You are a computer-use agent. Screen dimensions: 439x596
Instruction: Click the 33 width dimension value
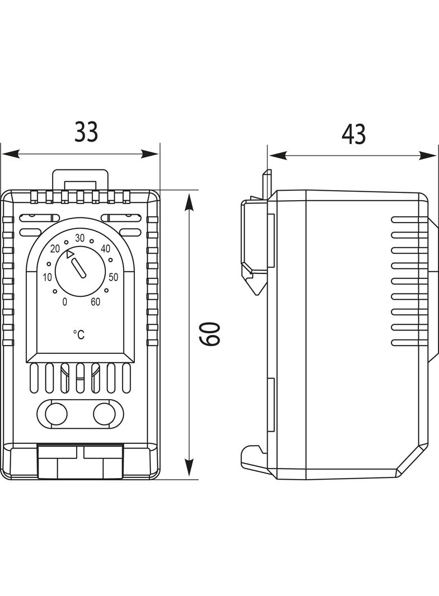click(x=86, y=132)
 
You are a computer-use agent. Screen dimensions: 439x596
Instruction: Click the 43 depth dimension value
click(x=354, y=134)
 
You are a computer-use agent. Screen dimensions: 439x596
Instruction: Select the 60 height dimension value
click(x=211, y=334)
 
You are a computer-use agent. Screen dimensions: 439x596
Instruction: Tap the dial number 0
click(x=65, y=302)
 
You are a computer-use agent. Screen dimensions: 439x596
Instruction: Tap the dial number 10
click(x=47, y=277)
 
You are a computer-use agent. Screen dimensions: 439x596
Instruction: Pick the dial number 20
click(x=55, y=249)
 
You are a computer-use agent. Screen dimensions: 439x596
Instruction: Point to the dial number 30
click(x=80, y=238)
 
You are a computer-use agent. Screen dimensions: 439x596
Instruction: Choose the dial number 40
click(x=105, y=248)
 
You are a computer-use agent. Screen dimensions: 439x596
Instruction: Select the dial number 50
click(x=114, y=277)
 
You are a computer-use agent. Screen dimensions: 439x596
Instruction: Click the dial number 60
click(x=96, y=302)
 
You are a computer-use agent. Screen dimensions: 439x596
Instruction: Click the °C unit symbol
click(x=79, y=334)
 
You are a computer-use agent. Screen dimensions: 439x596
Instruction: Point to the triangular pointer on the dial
click(x=69, y=254)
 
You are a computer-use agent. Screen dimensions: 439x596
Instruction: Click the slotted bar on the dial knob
click(x=80, y=268)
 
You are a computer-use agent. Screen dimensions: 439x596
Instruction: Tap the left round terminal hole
click(x=56, y=414)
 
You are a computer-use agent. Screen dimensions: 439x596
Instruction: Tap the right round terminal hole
click(x=104, y=414)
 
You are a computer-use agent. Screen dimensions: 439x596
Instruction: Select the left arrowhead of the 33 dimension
click(x=11, y=154)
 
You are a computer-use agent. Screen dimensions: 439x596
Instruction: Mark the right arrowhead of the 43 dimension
click(x=427, y=155)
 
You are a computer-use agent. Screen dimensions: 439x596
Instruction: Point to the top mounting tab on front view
click(x=79, y=179)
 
